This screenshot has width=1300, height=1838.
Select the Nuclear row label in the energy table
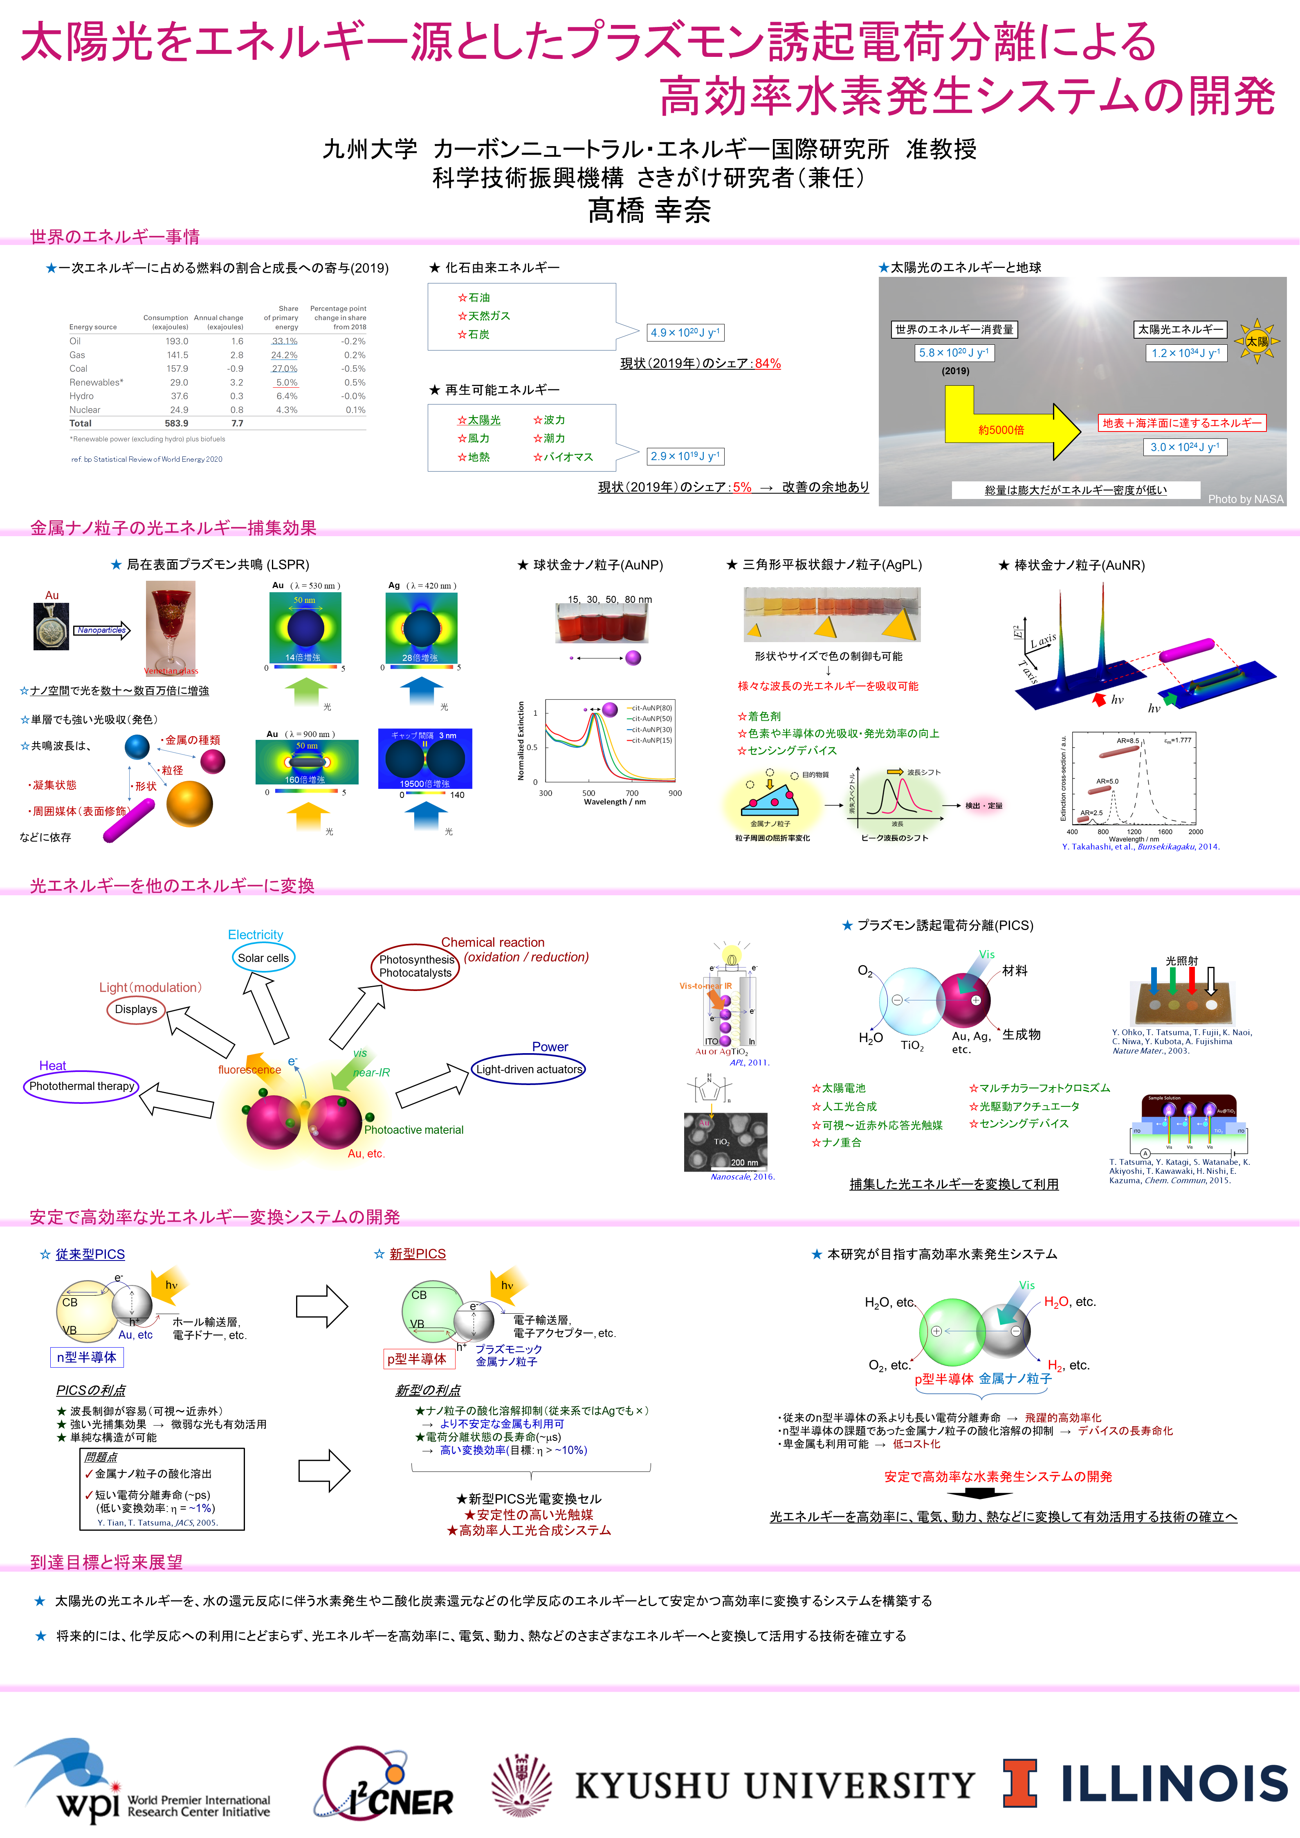pyautogui.click(x=85, y=410)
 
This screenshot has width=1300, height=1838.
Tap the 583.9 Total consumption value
pyautogui.click(x=176, y=423)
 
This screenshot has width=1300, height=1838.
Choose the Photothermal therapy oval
pyautogui.click(x=82, y=1086)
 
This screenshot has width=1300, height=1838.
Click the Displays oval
pyautogui.click(x=136, y=1009)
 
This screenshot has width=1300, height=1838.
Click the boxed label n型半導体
pyautogui.click(x=86, y=1357)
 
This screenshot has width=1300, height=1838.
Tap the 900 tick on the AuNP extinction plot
pyautogui.click(x=675, y=793)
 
